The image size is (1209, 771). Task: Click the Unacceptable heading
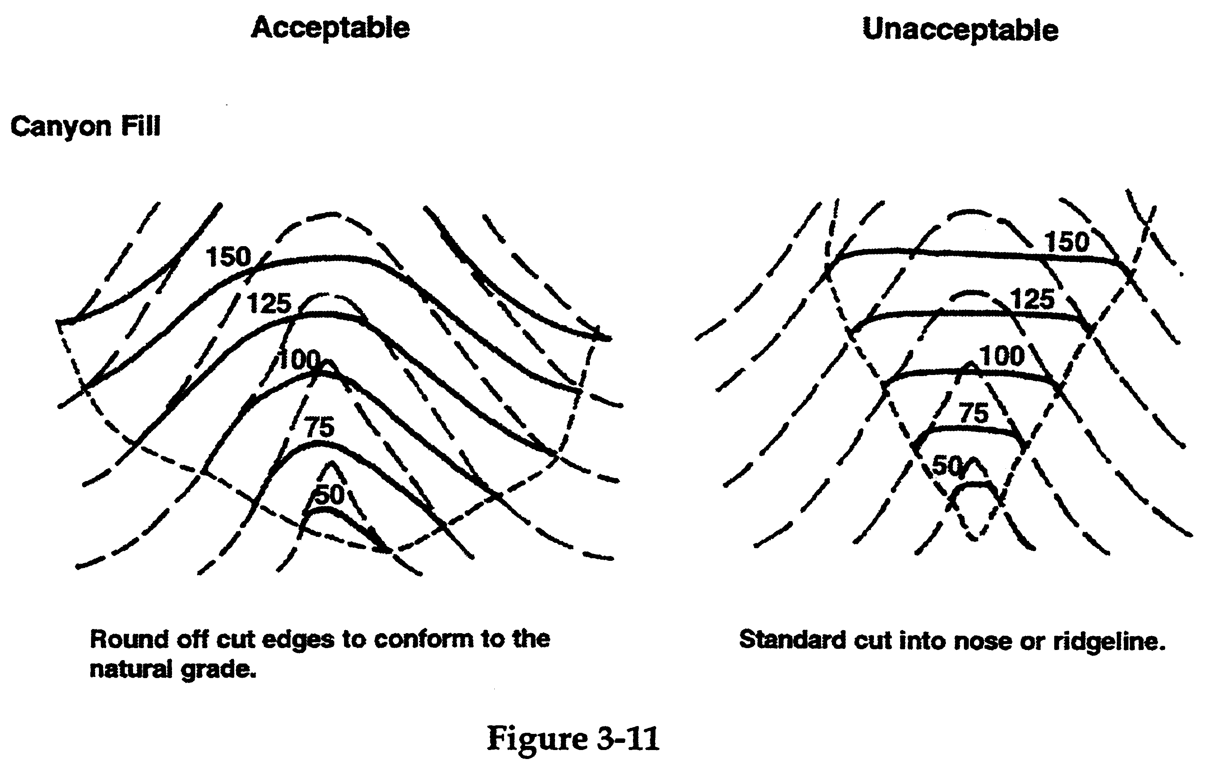tap(960, 30)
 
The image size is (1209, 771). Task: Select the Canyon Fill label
tap(85, 127)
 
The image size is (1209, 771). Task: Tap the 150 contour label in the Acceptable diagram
tap(228, 257)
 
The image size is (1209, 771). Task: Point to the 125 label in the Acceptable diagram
tap(269, 303)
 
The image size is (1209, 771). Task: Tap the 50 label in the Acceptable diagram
tap(330, 495)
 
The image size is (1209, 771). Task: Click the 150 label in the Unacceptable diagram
tap(1067, 242)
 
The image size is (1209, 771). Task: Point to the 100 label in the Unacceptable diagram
tap(1002, 356)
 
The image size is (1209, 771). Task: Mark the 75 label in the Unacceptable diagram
tap(974, 414)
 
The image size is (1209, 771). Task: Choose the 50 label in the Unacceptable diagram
tap(946, 466)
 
